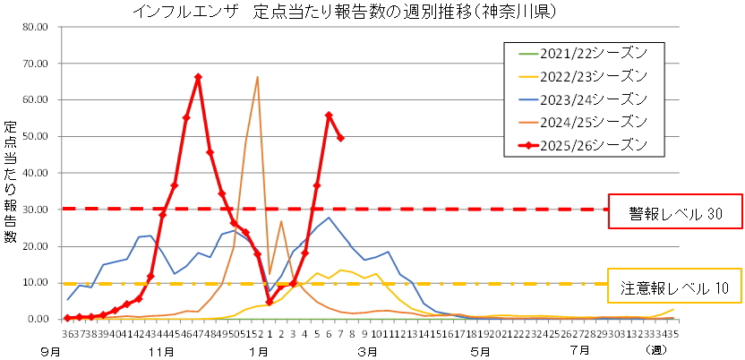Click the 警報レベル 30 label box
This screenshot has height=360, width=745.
click(x=675, y=215)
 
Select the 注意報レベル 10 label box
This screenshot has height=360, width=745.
click(x=675, y=288)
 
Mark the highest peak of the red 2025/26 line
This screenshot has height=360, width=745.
click(x=198, y=77)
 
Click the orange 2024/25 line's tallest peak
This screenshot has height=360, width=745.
click(x=257, y=77)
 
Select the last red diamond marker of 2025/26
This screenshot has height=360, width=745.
click(x=340, y=138)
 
